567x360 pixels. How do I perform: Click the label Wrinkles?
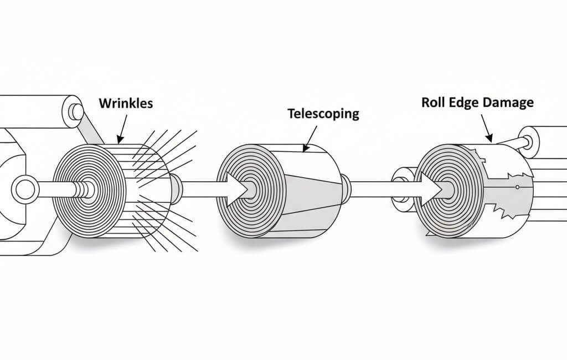pos(126,104)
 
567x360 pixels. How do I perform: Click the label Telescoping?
pos(323,114)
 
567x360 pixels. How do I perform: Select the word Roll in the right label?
pos(432,102)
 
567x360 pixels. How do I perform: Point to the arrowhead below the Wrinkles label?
pos(120,140)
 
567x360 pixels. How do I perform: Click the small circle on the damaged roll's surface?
pos(517,188)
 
